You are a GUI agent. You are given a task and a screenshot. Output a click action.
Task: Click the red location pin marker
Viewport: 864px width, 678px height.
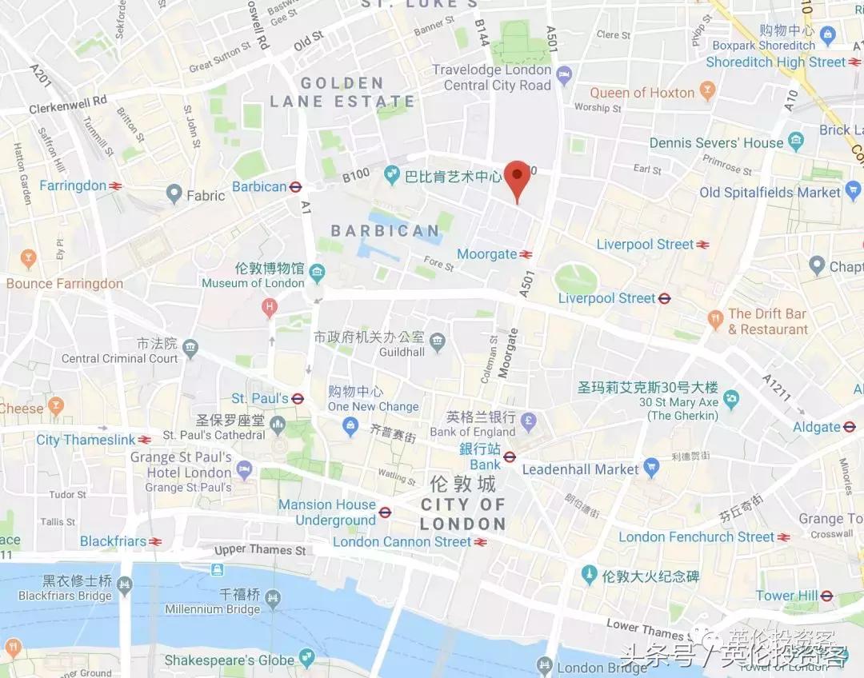click(518, 177)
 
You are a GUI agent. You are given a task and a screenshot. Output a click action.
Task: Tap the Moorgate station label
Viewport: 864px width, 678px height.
click(486, 254)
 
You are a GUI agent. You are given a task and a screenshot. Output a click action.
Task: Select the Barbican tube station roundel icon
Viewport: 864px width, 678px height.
click(295, 187)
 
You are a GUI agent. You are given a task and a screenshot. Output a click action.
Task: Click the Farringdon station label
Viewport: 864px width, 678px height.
click(73, 185)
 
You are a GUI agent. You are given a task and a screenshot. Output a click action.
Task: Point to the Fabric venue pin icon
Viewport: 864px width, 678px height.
click(174, 193)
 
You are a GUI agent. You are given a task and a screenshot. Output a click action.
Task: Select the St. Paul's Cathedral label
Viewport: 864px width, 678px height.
click(214, 435)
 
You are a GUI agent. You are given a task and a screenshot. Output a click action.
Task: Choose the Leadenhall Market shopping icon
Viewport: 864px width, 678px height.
click(651, 469)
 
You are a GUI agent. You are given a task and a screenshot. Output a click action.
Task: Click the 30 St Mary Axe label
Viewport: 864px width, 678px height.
click(678, 402)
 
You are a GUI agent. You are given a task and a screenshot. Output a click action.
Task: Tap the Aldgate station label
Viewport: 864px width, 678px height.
click(817, 427)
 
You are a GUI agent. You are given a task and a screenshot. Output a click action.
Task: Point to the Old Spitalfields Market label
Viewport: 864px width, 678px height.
click(770, 192)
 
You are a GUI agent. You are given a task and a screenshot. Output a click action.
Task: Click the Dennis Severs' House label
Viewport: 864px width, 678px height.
click(716, 142)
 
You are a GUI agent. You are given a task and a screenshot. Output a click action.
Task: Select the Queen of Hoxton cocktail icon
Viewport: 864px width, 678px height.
click(706, 92)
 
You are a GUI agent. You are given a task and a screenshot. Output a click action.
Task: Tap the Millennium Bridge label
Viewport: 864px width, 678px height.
click(212, 608)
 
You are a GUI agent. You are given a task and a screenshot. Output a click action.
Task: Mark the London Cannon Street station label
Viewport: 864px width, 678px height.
click(402, 541)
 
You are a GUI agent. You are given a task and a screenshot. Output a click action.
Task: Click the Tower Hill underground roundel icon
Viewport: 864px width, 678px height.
click(826, 596)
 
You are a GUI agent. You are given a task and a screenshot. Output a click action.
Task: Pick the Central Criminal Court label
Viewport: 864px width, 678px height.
click(119, 358)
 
